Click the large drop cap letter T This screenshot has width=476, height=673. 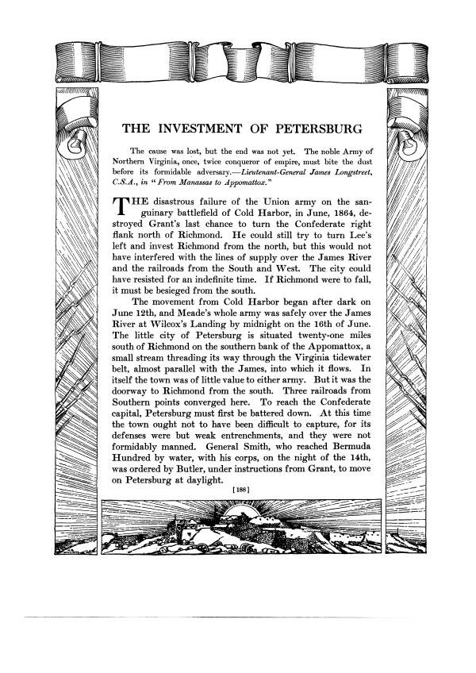[x=117, y=207]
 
